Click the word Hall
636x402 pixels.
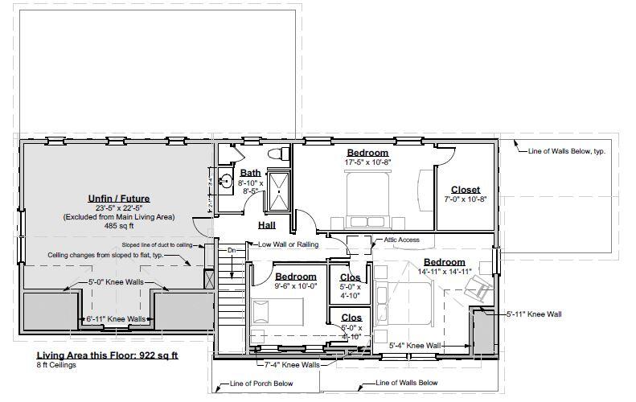[267, 226]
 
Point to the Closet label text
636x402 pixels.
[465, 190]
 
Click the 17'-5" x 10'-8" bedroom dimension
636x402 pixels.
[367, 162]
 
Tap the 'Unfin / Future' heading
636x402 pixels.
[118, 198]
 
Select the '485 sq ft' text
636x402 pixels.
[118, 226]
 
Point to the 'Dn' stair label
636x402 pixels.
[232, 251]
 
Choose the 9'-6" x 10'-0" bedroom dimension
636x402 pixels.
[296, 285]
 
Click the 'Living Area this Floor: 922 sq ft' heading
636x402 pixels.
[107, 355]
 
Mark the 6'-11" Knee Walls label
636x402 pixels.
[117, 319]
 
